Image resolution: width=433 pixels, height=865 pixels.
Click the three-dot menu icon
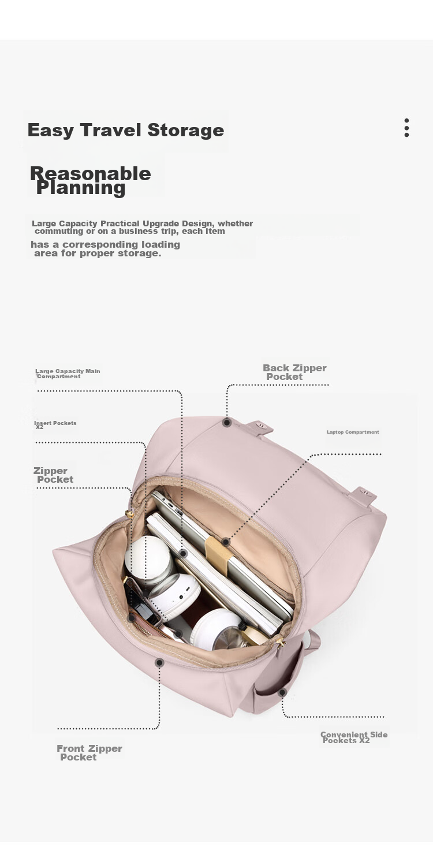406,128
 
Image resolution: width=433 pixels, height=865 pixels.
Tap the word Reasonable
90,173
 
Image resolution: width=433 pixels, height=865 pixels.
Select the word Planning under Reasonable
81,188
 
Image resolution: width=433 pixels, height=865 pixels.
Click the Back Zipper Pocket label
294,372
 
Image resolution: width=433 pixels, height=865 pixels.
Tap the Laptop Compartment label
353,432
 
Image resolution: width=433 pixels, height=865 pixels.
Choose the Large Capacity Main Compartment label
67,374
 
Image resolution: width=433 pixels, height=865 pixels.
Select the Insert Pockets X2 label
55,424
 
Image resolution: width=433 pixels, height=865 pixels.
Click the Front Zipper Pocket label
89,752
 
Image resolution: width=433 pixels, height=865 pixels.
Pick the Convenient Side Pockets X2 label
353,737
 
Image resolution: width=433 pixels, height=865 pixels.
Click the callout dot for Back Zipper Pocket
227,423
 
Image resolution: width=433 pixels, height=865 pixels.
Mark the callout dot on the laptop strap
226,542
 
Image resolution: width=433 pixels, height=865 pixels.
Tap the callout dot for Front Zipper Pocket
159,662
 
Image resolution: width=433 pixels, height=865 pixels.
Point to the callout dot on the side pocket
282,692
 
